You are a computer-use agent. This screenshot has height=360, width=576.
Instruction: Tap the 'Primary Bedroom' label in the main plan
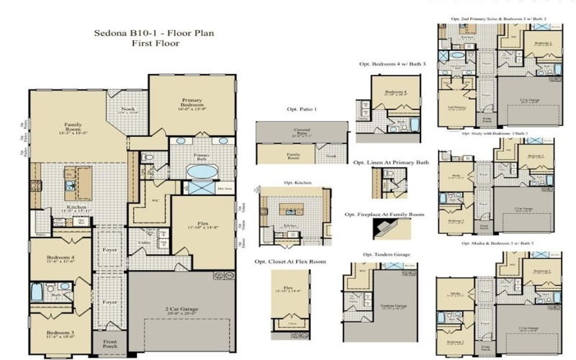(x=192, y=104)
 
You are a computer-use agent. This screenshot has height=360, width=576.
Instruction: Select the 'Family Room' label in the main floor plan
(x=73, y=128)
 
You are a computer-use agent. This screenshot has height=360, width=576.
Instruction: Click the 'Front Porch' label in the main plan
(x=110, y=343)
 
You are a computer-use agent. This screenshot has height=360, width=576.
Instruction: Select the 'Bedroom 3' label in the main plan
(x=60, y=333)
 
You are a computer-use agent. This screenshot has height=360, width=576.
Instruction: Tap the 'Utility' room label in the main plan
(x=145, y=243)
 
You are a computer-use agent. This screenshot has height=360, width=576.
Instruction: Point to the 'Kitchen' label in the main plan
(x=77, y=207)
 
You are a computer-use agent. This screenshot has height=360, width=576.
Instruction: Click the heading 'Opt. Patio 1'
(x=302, y=109)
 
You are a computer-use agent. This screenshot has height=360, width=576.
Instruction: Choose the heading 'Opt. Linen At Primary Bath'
(x=391, y=163)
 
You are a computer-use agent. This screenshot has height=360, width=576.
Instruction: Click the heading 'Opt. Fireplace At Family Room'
(x=384, y=214)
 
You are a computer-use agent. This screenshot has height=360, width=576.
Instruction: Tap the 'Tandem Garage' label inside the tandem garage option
(x=393, y=305)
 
